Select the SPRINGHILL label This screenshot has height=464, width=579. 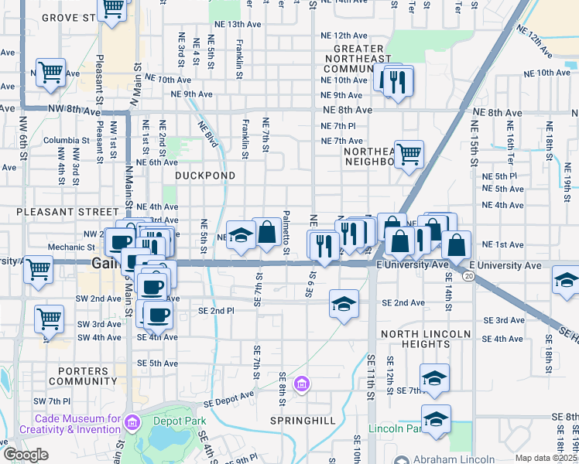(x=303, y=421)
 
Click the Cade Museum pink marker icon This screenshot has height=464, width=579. (x=132, y=422)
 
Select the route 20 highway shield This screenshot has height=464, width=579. (x=468, y=276)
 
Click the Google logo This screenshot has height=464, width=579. (x=26, y=455)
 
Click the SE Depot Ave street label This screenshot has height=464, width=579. (x=228, y=398)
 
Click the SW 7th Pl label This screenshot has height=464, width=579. (x=52, y=401)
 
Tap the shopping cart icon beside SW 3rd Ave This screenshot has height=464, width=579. (x=49, y=317)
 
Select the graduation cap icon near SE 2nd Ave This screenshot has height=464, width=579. (x=344, y=302)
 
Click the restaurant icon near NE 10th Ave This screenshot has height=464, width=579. (x=398, y=81)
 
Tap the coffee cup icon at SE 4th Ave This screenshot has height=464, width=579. (x=159, y=314)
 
